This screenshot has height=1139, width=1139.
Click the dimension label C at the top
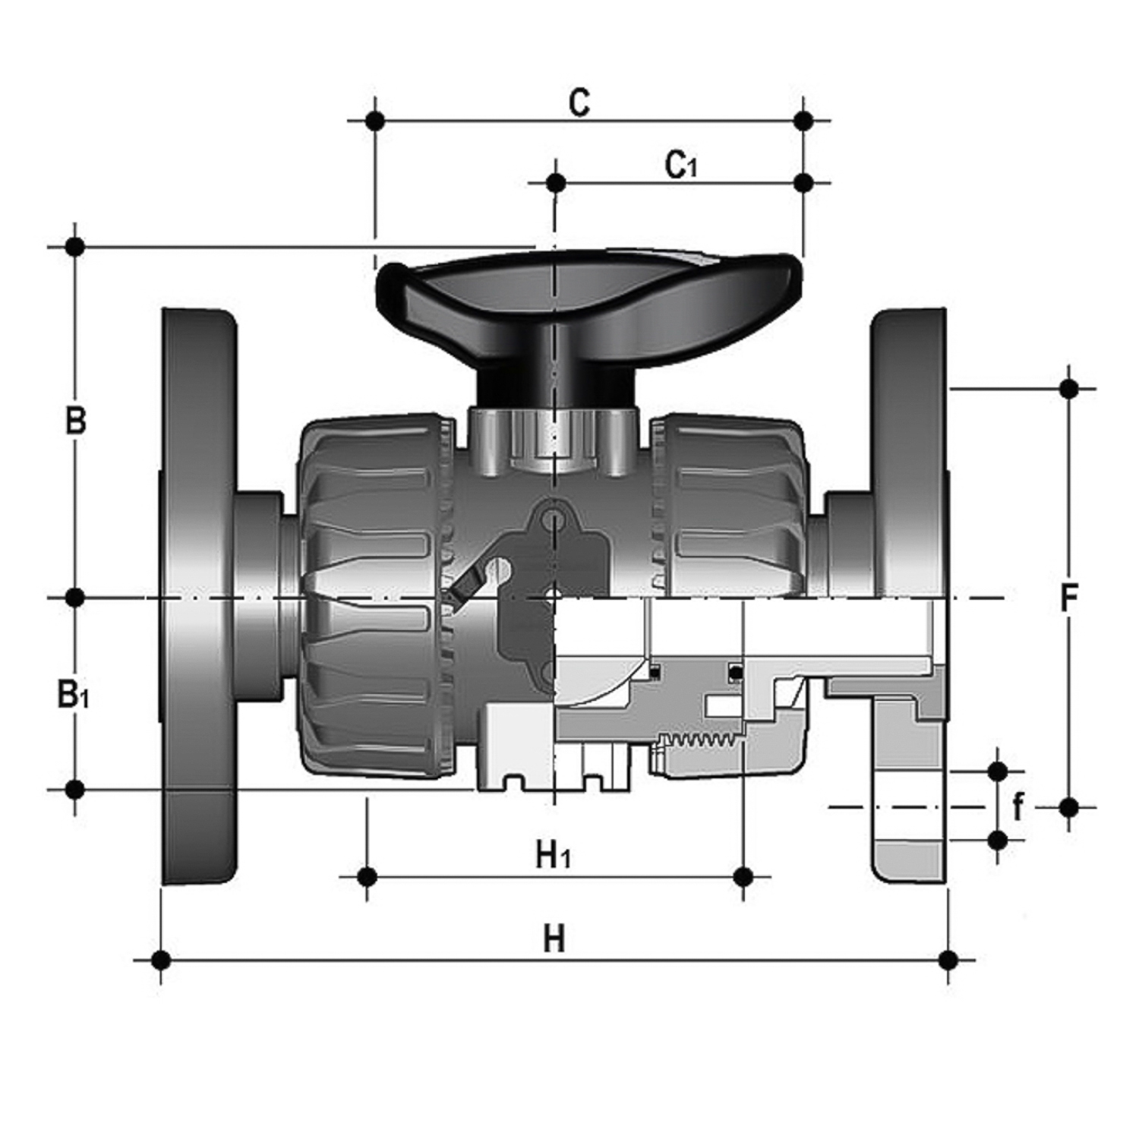click(579, 103)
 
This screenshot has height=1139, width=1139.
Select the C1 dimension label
click(680, 165)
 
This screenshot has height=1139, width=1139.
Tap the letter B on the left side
click(75, 421)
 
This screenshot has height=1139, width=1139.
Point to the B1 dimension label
click(73, 694)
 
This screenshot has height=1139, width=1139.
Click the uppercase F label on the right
click(1069, 598)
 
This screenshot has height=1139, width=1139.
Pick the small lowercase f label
click(1018, 806)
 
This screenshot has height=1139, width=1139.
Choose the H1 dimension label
click(553, 856)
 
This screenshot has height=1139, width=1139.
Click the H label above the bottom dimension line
click(554, 939)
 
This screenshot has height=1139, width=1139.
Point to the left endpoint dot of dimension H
click(161, 960)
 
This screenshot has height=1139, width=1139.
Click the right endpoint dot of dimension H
click(948, 960)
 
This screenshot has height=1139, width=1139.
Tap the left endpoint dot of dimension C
click(374, 121)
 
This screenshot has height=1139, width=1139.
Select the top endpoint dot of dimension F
click(1068, 390)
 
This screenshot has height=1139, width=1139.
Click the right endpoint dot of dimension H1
click(743, 877)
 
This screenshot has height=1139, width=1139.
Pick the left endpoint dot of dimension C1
click(556, 183)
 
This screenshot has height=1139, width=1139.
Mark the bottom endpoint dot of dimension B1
click(74, 790)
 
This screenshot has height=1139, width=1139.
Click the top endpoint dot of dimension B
click(74, 247)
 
